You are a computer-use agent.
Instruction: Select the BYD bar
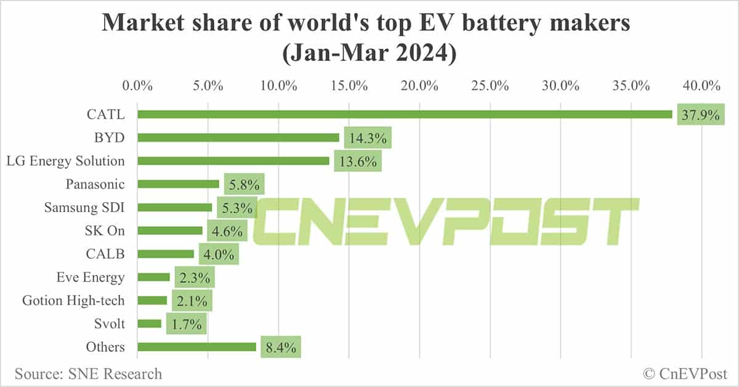pos(238,137)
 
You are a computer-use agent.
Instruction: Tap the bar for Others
pos(196,347)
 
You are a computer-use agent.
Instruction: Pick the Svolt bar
pos(150,324)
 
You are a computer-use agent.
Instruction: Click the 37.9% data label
pos(700,115)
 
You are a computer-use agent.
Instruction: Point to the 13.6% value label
pos(357,161)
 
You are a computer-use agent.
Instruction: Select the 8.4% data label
pos(280,348)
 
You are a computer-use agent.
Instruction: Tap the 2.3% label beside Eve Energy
pos(194,277)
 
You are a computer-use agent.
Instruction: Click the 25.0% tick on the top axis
pos(490,86)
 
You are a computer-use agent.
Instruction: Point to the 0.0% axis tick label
pos(137,86)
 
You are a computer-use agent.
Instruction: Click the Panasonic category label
pos(95,184)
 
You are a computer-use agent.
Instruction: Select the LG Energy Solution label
pos(65,161)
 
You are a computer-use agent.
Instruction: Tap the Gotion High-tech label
pos(73,301)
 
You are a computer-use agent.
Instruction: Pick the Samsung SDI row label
pos(84,207)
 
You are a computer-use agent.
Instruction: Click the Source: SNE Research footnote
pos(88,373)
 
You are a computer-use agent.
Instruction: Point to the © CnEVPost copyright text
pos(685,373)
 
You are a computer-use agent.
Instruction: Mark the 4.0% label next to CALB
pos(219,254)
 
